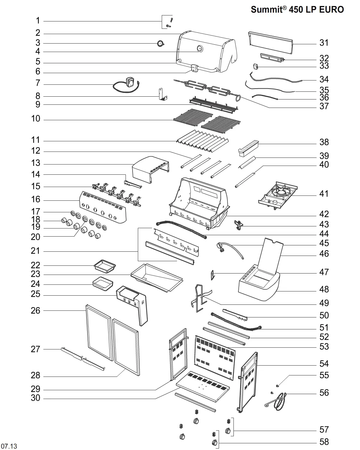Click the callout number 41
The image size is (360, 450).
(324, 194)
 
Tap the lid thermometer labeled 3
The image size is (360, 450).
(160, 44)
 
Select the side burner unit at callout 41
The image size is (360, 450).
(278, 195)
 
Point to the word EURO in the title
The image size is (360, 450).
(331, 9)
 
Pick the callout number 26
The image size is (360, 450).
(36, 310)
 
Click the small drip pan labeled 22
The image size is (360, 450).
(105, 266)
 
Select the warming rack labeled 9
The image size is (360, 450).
(213, 105)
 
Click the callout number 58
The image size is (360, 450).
(324, 442)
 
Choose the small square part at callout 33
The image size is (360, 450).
(255, 66)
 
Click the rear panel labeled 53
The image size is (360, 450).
(215, 358)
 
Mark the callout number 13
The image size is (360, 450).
(36, 163)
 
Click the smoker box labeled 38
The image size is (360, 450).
(249, 148)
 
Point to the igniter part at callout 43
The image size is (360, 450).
(239, 225)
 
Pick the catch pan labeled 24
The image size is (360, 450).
(103, 284)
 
